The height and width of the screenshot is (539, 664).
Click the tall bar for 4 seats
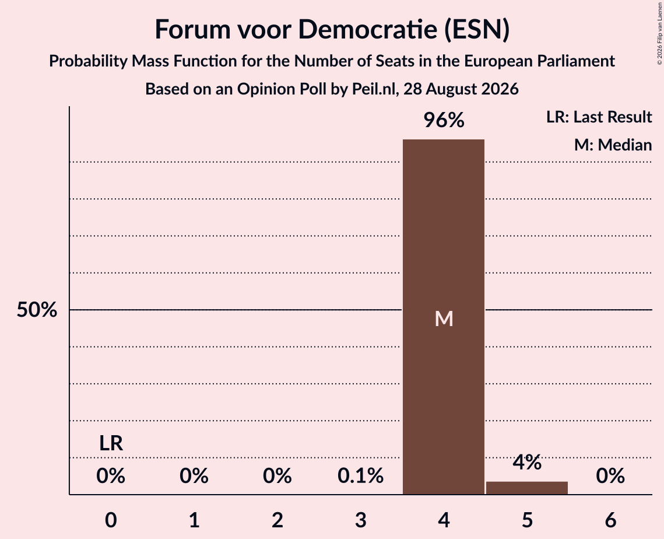point(444,317)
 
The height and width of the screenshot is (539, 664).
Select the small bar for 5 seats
point(527,488)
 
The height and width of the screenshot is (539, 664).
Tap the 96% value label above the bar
point(444,120)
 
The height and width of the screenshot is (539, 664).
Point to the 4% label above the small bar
point(527,462)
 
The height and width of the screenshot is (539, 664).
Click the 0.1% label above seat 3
point(360,475)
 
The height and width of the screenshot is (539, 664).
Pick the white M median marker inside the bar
point(444,318)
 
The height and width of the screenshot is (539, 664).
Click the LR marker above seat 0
point(111,443)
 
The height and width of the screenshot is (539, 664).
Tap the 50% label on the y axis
point(37,310)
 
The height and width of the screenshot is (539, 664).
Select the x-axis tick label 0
point(111,520)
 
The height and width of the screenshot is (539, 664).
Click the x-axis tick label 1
point(194,520)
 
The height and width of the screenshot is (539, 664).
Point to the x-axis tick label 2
point(277,520)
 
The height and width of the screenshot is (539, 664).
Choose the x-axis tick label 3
point(360,520)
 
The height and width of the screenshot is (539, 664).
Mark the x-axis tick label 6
point(610,520)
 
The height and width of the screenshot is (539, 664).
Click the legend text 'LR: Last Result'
point(599,117)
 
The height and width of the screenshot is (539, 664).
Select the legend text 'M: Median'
point(613,145)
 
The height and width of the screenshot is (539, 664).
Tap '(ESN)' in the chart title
point(477,30)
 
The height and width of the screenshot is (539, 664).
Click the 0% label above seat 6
point(610,475)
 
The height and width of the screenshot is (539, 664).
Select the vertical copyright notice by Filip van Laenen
point(659,33)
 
